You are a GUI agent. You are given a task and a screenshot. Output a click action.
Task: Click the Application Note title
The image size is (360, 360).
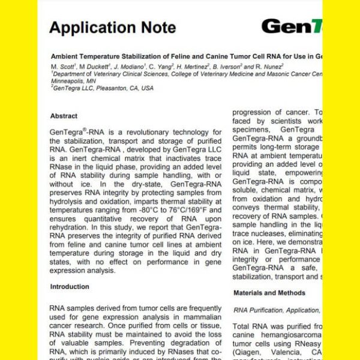[x=112, y=27]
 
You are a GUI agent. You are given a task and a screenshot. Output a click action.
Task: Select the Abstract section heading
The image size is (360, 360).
[x=64, y=116]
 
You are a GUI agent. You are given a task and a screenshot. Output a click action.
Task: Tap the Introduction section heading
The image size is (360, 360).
[x=70, y=287]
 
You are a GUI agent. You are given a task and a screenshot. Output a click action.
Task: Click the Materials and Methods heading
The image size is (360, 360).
[x=269, y=293]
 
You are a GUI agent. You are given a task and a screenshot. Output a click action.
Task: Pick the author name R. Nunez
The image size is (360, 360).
[x=268, y=66]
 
